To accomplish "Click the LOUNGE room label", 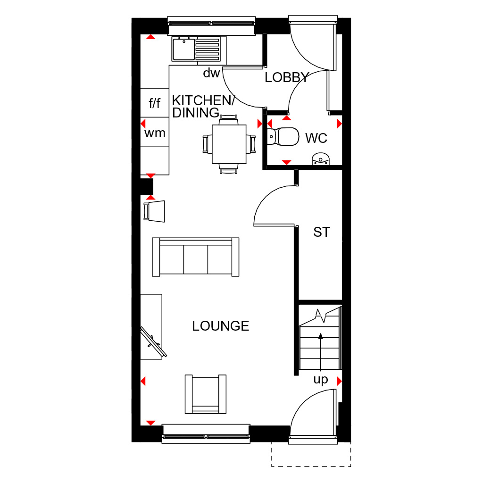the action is point(221,326).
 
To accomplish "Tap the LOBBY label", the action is point(287,77).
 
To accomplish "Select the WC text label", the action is point(316,138).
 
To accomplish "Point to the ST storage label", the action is point(322,232).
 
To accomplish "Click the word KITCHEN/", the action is point(203,100).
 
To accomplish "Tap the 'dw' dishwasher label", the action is point(211,73).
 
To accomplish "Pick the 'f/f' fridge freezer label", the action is point(155,103).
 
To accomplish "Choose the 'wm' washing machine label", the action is point(155,133).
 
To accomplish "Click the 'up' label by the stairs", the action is point(321,380).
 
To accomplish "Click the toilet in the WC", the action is point(283,136).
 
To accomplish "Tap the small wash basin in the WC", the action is point(321,159).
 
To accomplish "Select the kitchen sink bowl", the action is point(183,49).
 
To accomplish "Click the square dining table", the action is point(229,144).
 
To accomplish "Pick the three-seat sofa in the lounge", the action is point(196,257).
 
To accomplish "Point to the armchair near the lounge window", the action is point(206,394).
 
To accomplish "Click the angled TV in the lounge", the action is point(153,342).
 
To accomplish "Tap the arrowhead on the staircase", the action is point(321,336).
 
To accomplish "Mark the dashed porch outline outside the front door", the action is point(311,466).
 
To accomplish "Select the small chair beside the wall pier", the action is point(154,211).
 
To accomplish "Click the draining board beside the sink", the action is point(208,49).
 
